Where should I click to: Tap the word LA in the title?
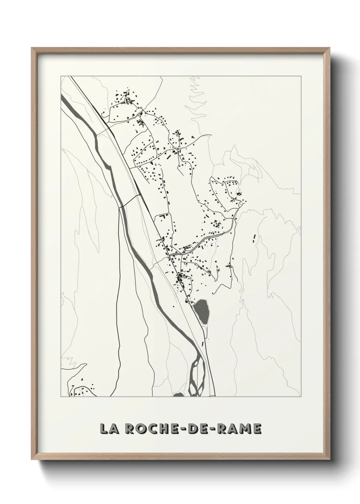(108, 429)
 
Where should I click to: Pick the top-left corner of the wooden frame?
(32, 48)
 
